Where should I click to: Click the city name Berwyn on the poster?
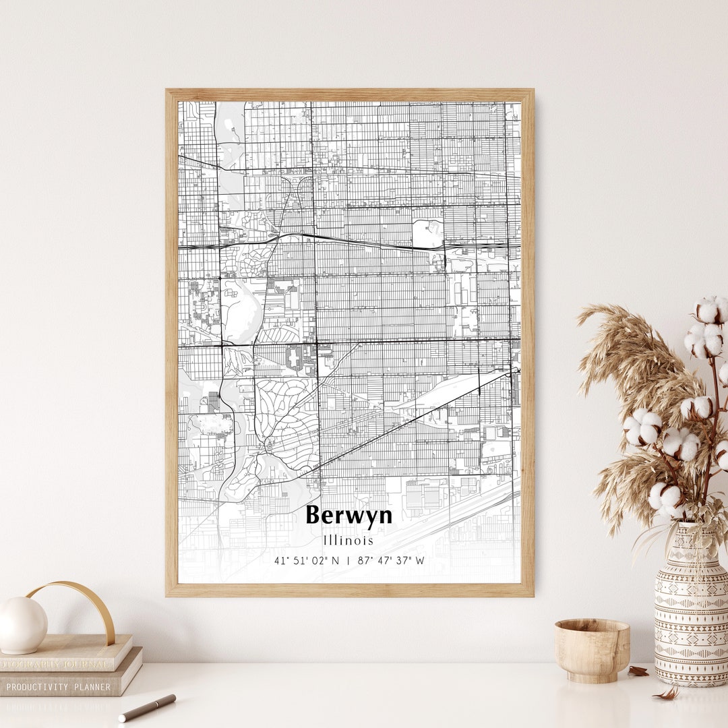[x=348, y=516]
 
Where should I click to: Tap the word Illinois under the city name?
[x=348, y=541]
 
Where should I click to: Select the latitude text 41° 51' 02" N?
[x=307, y=560]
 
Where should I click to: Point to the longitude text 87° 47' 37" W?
[x=392, y=560]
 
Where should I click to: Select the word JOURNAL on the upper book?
[x=81, y=665]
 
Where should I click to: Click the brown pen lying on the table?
[x=147, y=708]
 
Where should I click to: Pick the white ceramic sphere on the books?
[x=22, y=625]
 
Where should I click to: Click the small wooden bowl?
[x=592, y=650]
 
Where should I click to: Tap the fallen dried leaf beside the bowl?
[x=638, y=671]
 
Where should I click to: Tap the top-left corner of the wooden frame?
[x=168, y=91]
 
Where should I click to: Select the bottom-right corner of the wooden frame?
[x=532, y=595]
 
